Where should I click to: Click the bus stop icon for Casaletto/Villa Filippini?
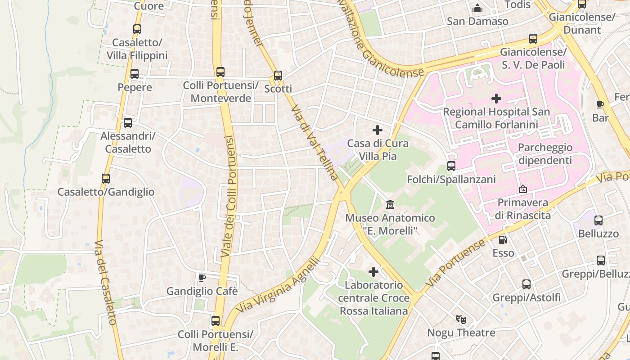(137, 29)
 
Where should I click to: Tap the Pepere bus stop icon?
(134, 74)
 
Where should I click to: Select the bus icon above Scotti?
(278, 75)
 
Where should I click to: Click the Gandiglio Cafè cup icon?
(202, 278)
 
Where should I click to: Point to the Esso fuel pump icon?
(503, 239)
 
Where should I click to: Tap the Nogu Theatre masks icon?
(461, 319)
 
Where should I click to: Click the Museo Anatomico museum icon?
(390, 205)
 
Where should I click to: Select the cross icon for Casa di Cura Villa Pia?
(378, 130)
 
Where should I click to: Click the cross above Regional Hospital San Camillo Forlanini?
(496, 98)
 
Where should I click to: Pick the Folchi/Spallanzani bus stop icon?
(451, 166)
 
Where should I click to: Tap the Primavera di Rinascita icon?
(523, 189)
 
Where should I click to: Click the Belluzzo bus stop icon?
(598, 220)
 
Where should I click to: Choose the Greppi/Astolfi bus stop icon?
(526, 284)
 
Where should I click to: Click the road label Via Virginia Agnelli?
(279, 286)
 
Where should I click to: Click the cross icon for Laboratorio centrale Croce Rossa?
(373, 271)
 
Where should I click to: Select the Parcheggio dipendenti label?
(545, 154)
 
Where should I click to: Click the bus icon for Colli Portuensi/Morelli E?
(216, 321)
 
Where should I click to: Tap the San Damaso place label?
(477, 21)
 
